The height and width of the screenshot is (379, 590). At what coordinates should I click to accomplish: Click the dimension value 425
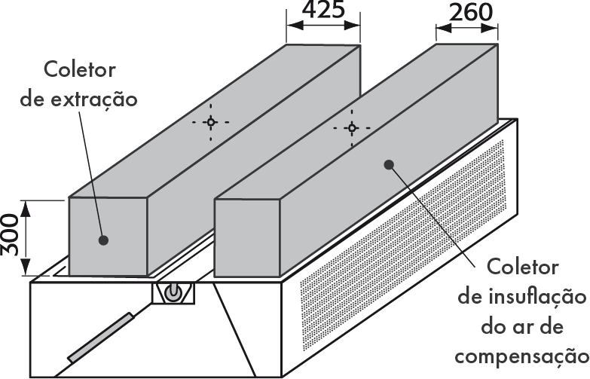pyautogui.click(x=323, y=11)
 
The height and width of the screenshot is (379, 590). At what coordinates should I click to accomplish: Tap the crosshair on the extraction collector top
pyautogui.click(x=211, y=121)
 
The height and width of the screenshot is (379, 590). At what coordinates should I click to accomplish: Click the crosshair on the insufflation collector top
pyautogui.click(x=351, y=127)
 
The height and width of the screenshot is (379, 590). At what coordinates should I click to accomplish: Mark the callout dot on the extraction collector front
pyautogui.click(x=103, y=240)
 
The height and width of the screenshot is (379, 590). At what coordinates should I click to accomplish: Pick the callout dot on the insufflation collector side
pyautogui.click(x=390, y=164)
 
